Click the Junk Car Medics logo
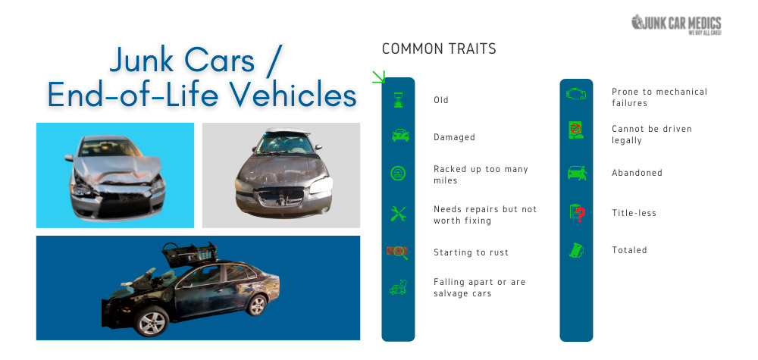676,24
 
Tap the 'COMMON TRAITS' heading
439,49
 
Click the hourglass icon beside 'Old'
398,100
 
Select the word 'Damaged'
454,137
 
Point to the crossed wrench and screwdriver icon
398,214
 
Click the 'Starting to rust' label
471,252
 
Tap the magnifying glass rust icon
397,252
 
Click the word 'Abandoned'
637,173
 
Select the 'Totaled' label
629,250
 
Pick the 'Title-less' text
634,213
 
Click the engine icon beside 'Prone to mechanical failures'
576,93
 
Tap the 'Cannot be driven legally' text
652,134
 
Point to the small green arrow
378,77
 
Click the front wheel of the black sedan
152,321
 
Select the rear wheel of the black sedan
256,305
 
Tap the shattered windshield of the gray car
284,143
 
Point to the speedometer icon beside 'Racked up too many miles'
398,173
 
